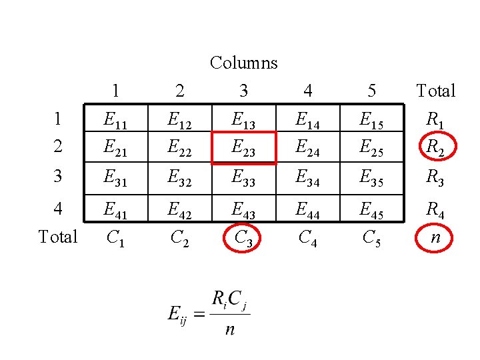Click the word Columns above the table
243,63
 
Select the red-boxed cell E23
243,148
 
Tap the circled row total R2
435,148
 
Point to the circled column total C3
243,236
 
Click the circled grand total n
435,236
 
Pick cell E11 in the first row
116,120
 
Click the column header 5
372,90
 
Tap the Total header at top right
435,90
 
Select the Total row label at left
58,236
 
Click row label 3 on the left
58,177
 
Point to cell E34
308,177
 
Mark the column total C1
116,236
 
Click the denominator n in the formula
229,329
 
